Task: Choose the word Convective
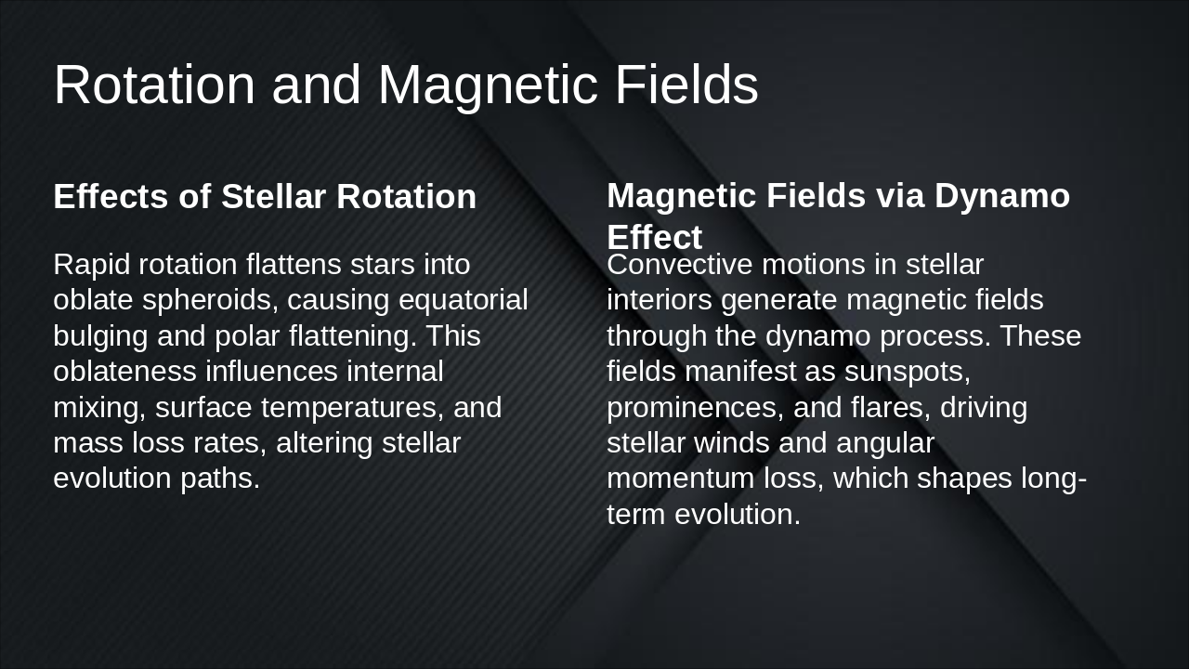pyautogui.click(x=680, y=265)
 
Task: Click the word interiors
pyautogui.click(x=660, y=301)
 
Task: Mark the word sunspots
pyautogui.click(x=907, y=372)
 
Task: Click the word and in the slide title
pyautogui.click(x=316, y=85)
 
